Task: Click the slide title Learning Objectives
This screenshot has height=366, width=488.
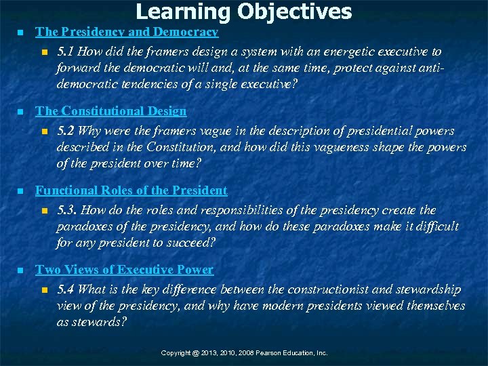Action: [244, 12]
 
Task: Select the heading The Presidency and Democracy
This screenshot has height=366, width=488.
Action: [127, 32]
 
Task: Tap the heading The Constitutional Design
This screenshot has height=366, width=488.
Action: [110, 110]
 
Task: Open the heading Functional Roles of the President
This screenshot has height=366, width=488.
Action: [131, 190]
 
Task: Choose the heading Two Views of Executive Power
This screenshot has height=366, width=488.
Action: [124, 270]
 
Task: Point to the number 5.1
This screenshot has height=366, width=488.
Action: [66, 52]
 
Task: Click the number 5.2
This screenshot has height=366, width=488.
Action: [66, 131]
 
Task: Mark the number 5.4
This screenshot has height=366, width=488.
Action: [66, 289]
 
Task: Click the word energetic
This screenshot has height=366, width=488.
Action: [352, 52]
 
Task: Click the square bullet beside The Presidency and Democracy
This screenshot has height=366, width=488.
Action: [20, 33]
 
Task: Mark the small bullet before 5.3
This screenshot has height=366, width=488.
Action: [44, 211]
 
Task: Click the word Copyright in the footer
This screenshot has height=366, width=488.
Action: [176, 353]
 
